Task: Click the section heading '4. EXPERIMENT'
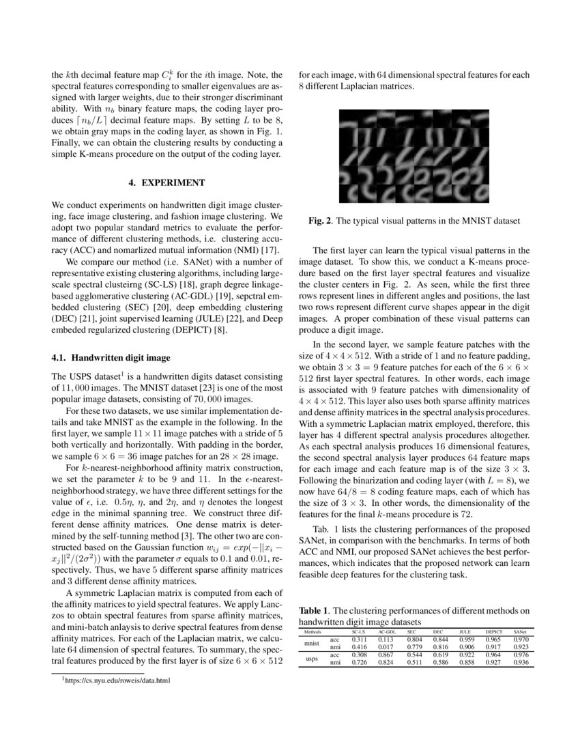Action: [166, 183]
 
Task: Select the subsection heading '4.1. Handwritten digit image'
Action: [106, 357]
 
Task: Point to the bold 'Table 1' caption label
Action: [315, 612]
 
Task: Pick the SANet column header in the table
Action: [520, 632]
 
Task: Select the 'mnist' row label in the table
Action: [311, 643]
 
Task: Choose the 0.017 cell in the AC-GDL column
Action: [386, 646]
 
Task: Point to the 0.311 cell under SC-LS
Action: [359, 640]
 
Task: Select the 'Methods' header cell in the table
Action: [312, 632]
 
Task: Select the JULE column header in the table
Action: [465, 632]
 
